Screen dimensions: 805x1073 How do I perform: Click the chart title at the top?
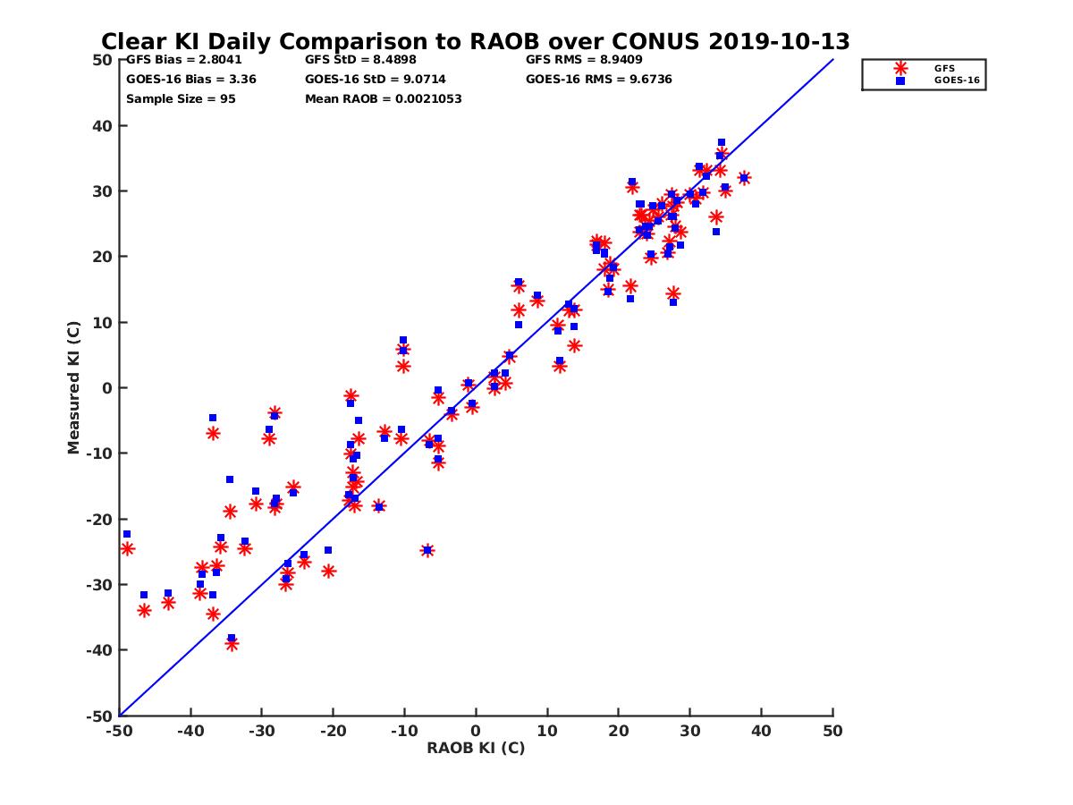point(475,42)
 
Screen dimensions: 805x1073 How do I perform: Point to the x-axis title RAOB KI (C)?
point(476,748)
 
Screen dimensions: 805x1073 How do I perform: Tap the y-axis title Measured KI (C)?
point(73,388)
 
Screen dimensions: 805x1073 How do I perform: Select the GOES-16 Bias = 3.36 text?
point(178,79)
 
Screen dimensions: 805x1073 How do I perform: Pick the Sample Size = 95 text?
point(181,98)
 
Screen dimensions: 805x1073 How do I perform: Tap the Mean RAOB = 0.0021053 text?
point(383,98)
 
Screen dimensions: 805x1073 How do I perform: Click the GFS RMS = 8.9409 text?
point(583,60)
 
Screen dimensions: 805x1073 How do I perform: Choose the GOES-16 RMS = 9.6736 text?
point(598,79)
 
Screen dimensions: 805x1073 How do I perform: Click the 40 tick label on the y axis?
point(103,126)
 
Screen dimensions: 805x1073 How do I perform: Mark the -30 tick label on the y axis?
point(100,585)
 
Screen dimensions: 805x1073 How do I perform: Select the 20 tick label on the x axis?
point(619,731)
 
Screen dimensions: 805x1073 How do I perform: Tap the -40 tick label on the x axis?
point(189,731)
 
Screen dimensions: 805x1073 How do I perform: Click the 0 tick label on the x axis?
point(476,731)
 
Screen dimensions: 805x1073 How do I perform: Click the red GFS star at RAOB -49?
point(127,548)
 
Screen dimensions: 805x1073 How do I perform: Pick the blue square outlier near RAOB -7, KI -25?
point(427,550)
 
